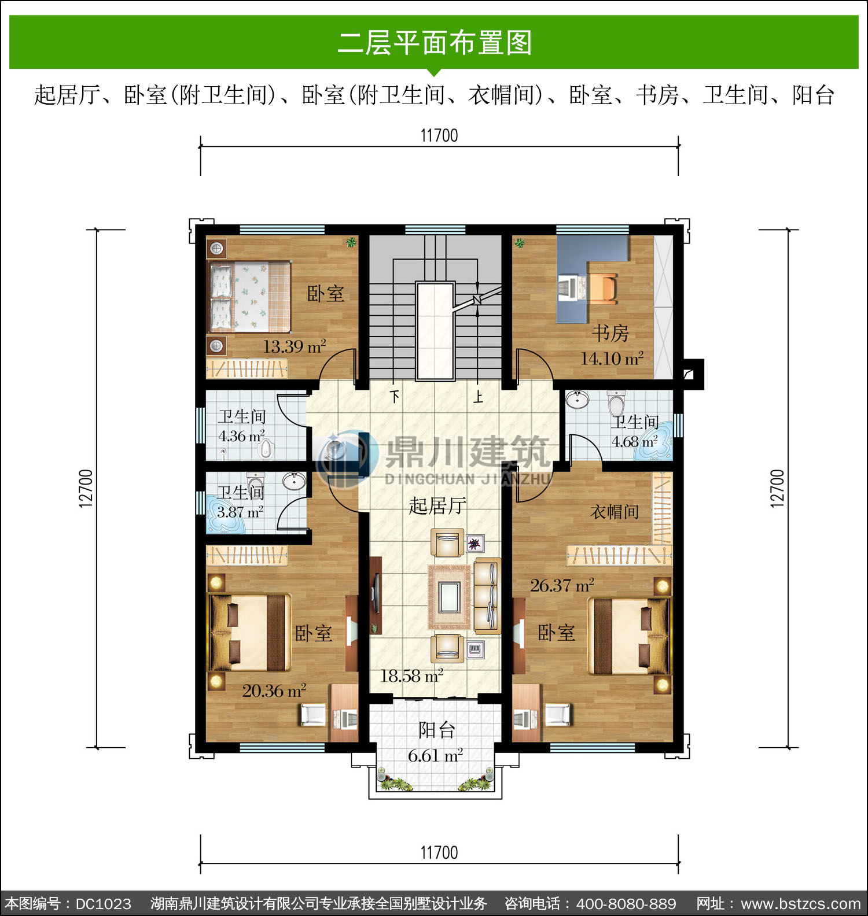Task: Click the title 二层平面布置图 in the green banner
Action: click(x=435, y=43)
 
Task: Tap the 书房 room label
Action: click(x=610, y=333)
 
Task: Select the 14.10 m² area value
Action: click(x=612, y=359)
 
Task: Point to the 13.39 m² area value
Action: click(x=295, y=346)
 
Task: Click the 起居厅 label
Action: click(x=437, y=506)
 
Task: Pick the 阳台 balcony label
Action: click(x=437, y=730)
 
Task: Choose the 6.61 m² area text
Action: click(x=435, y=755)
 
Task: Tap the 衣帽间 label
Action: click(x=615, y=511)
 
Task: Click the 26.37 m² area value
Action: click(x=562, y=585)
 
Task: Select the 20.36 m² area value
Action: click(x=274, y=690)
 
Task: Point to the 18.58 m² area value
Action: click(x=411, y=675)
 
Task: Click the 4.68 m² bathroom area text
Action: click(x=635, y=442)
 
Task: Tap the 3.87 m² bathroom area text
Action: click(x=240, y=512)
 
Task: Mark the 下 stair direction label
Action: click(x=395, y=397)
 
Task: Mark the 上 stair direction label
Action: click(x=478, y=397)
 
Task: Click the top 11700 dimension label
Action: click(x=439, y=135)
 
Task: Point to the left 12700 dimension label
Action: click(x=85, y=489)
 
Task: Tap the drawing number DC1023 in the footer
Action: click(x=104, y=903)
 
